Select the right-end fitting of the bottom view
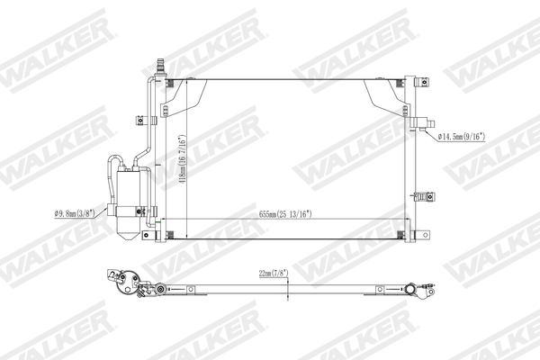pos(421,292)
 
